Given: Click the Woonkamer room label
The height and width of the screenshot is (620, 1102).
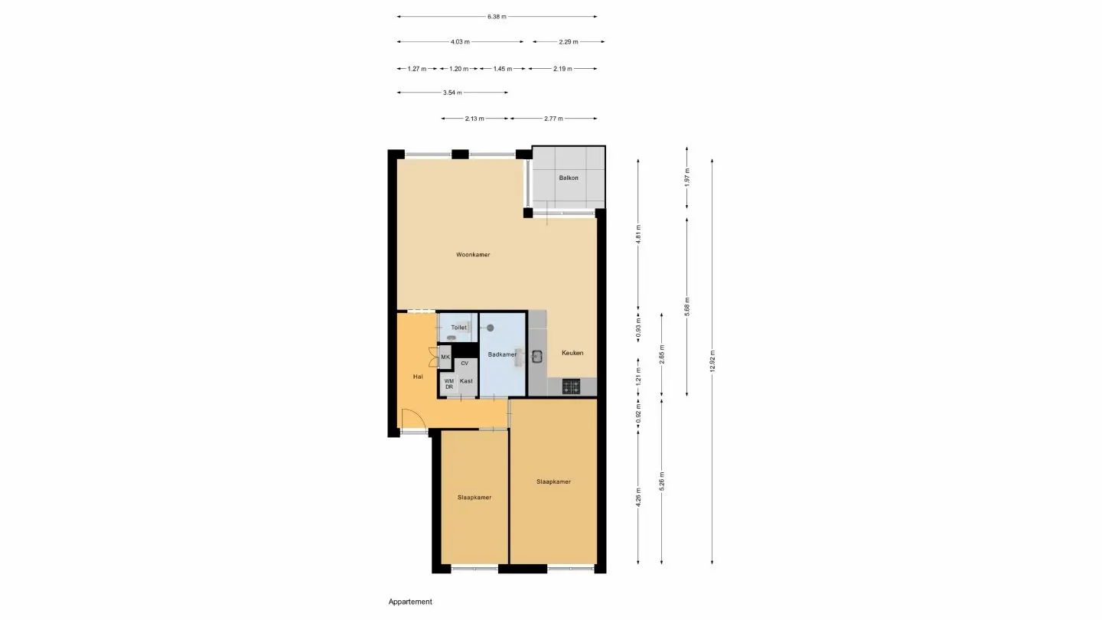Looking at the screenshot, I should (472, 254).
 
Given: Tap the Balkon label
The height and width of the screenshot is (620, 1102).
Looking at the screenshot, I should (569, 178).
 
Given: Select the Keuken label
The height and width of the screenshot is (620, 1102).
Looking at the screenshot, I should (572, 353).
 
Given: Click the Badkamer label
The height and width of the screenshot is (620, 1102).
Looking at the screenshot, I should (502, 354).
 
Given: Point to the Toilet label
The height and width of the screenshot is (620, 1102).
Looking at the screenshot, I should (458, 328).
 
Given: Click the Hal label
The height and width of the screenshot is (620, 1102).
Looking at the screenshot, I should (418, 377).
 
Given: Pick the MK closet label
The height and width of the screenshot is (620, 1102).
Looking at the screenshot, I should (445, 357).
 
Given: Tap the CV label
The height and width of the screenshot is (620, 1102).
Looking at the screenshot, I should (465, 364).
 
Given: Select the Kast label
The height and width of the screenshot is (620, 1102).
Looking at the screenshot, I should (466, 381).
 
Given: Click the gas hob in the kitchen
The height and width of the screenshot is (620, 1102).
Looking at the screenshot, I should (572, 387).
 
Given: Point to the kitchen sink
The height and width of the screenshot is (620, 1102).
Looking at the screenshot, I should (537, 355).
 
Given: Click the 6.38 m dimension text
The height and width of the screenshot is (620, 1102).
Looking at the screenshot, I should (497, 16).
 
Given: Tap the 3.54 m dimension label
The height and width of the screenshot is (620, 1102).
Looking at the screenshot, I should (452, 93).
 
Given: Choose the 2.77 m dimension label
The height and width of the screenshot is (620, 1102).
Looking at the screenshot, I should (553, 119).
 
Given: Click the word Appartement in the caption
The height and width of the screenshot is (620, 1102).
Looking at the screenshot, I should (410, 602).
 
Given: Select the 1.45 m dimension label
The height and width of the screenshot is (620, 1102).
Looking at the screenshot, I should (502, 69).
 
